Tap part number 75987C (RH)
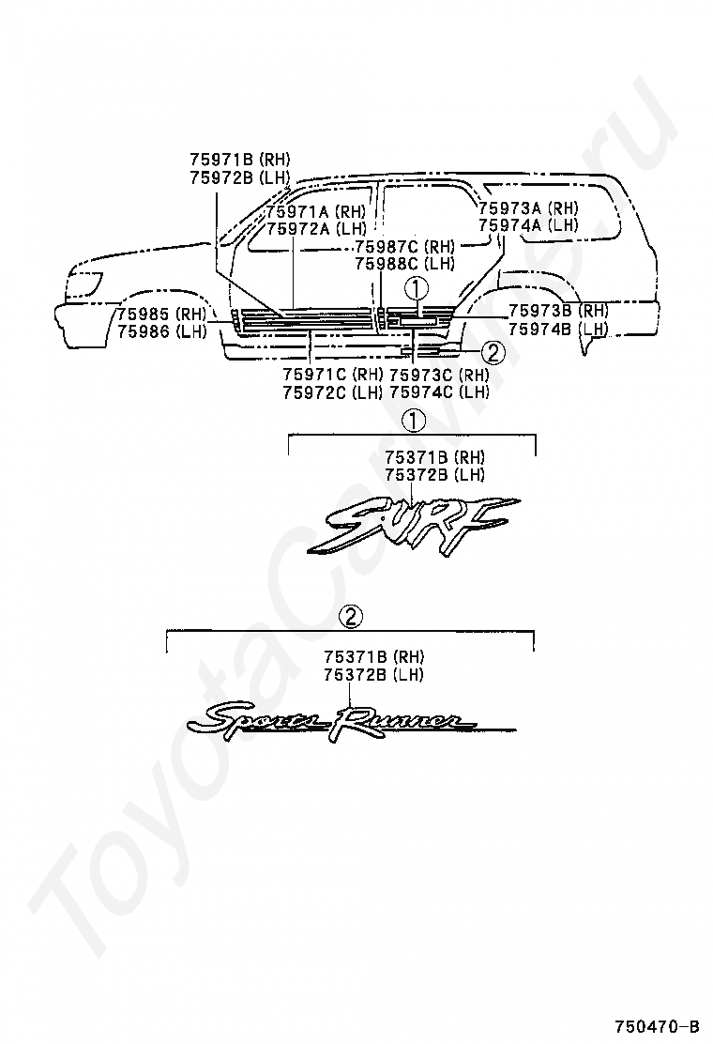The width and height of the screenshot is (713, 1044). coord(404,247)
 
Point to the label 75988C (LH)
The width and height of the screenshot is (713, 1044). coord(404,264)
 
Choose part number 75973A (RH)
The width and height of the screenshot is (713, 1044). coord(528,208)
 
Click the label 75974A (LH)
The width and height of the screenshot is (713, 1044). coord(528,225)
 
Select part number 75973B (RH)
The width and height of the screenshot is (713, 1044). coord(558,311)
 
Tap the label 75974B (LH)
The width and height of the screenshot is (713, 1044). coord(558,329)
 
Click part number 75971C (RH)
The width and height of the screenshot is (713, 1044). coord(332,375)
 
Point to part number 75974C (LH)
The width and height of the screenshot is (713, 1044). coord(439,392)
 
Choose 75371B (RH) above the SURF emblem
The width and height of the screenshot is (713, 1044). coord(434,457)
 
